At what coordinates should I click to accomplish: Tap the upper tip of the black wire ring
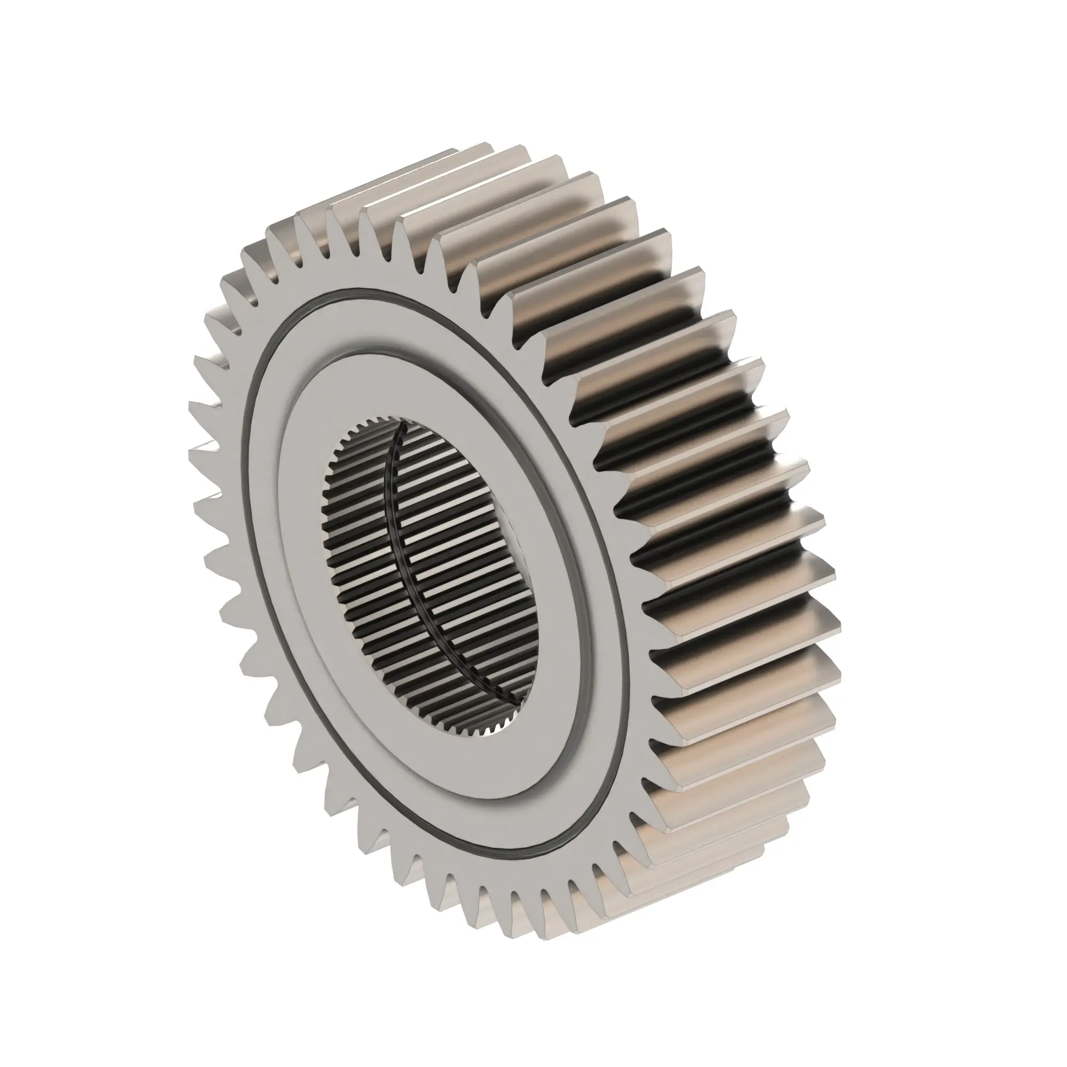click(404, 426)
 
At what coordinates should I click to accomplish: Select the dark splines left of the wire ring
click(359, 552)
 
